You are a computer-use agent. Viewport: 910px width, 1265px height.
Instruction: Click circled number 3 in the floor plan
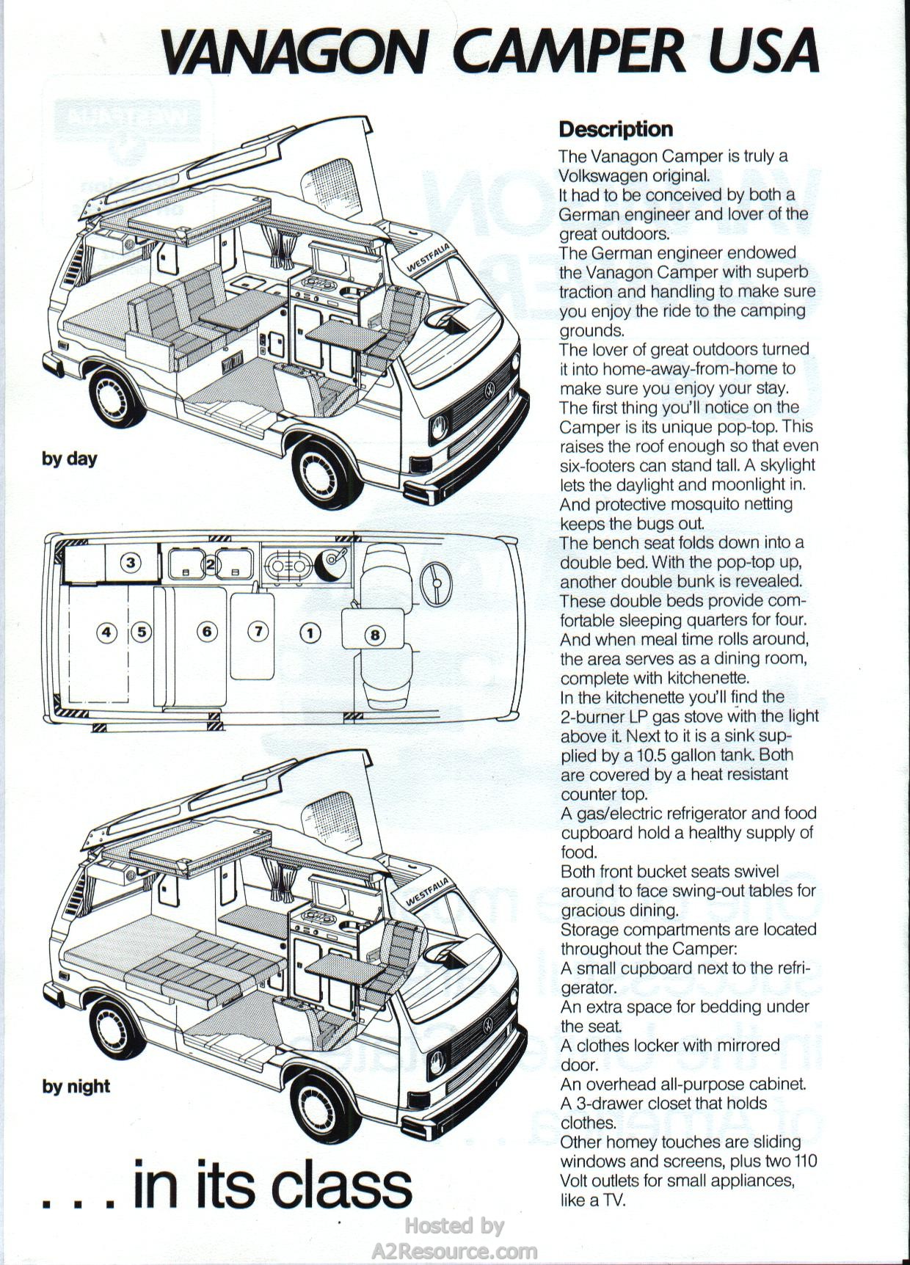(x=131, y=563)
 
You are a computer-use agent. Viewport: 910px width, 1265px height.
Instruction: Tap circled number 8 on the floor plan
(x=374, y=634)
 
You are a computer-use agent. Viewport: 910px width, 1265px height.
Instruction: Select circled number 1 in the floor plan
(x=311, y=632)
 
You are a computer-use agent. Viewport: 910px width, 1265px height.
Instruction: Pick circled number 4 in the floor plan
(x=107, y=632)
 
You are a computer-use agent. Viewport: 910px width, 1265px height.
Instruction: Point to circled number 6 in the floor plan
(x=208, y=631)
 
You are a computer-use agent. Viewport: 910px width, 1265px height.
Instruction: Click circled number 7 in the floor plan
(x=258, y=631)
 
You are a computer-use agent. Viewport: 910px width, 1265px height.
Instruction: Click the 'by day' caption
(x=70, y=459)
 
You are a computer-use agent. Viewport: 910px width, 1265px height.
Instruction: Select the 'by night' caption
(x=76, y=1087)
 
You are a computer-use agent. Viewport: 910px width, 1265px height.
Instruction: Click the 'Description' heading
(x=616, y=129)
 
